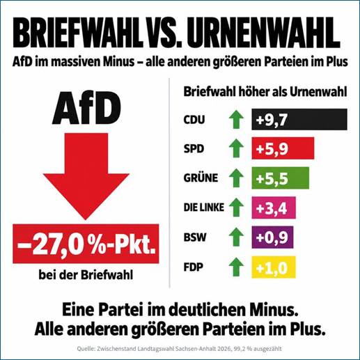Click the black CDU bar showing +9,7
299,119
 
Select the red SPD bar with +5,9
283,148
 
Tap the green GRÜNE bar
281,178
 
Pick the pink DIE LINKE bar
274,208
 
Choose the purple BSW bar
272,237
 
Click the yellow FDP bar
274,267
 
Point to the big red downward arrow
86,176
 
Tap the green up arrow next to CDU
236,119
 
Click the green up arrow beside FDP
236,267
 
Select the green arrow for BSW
236,237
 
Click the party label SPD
194,148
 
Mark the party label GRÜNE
201,178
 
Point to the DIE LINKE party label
204,208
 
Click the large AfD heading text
86,108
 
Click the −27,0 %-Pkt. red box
86,244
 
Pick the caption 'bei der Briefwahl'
86,275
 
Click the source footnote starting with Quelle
179,349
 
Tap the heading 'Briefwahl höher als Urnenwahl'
265,92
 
